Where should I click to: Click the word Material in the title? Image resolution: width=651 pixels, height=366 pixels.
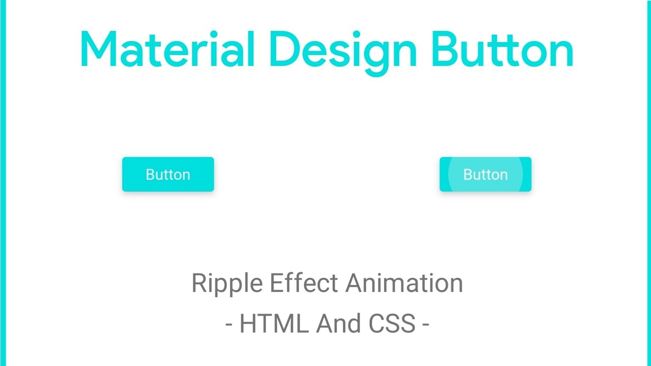click(x=167, y=49)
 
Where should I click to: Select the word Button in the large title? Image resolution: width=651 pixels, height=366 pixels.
click(x=502, y=49)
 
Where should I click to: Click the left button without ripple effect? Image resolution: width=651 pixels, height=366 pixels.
click(x=168, y=174)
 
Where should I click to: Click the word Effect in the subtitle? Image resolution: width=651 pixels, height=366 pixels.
click(x=304, y=283)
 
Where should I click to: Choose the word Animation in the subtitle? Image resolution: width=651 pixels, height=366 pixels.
click(x=404, y=283)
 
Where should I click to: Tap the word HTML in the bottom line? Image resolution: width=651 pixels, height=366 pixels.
click(x=274, y=323)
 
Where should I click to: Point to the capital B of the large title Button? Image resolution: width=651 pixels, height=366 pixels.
click(x=445, y=49)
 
